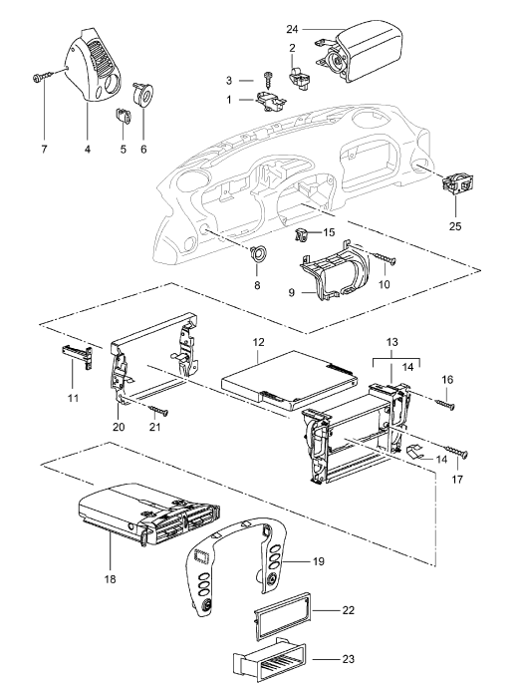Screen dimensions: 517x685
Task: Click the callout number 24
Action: click(x=292, y=29)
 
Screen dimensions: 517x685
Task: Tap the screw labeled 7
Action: click(x=42, y=77)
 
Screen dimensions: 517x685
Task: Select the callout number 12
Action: click(x=258, y=342)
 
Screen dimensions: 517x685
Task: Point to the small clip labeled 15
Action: click(x=301, y=234)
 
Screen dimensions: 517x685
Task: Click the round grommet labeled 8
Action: click(x=257, y=253)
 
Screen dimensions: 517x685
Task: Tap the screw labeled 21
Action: click(x=158, y=410)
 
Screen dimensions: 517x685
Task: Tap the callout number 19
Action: click(x=319, y=561)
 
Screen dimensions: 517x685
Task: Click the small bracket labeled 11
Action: click(x=77, y=356)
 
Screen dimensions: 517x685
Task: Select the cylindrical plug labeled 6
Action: click(x=142, y=94)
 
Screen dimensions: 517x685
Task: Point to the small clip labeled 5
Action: click(x=124, y=117)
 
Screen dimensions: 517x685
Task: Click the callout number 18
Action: click(x=111, y=579)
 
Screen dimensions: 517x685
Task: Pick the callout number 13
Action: click(x=391, y=342)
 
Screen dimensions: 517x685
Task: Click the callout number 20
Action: click(x=119, y=427)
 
